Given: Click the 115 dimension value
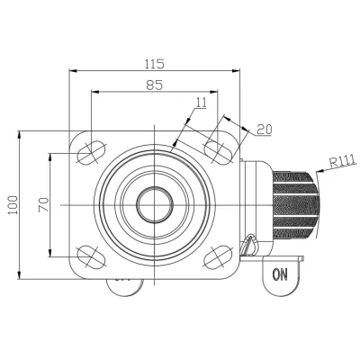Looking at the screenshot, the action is click(x=155, y=64).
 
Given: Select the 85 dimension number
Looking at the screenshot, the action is click(x=155, y=85).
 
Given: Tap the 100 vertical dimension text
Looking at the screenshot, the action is click(x=13, y=205).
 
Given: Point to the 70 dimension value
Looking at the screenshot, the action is click(x=44, y=205).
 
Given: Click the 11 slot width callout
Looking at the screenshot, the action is click(x=202, y=103).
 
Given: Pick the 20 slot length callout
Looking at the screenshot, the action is click(x=265, y=130).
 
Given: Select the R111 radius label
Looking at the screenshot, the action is click(x=343, y=161).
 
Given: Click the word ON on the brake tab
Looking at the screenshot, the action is click(x=280, y=274).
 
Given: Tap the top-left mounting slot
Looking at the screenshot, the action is click(x=92, y=152).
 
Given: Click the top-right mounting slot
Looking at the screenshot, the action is click(x=219, y=152).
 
